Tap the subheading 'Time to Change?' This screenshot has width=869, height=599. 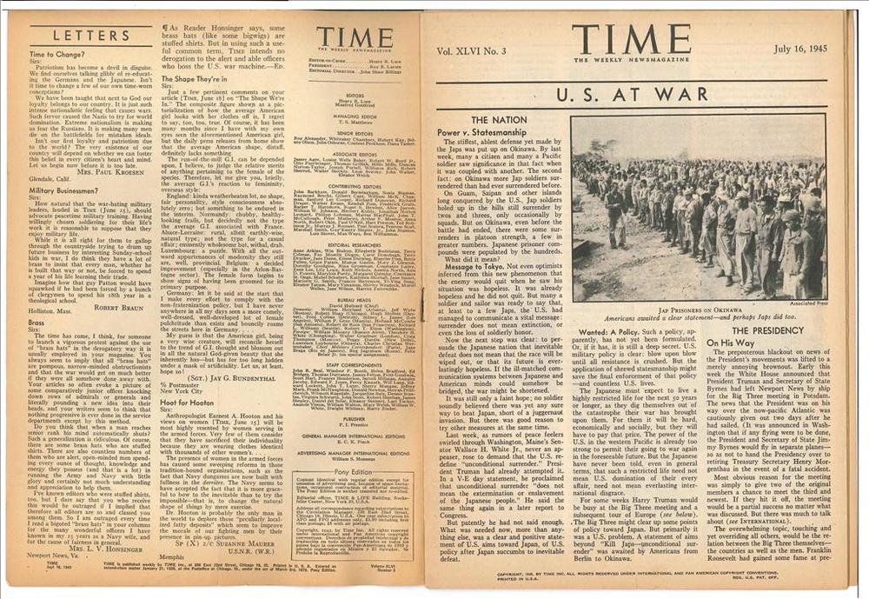click(x=56, y=54)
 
